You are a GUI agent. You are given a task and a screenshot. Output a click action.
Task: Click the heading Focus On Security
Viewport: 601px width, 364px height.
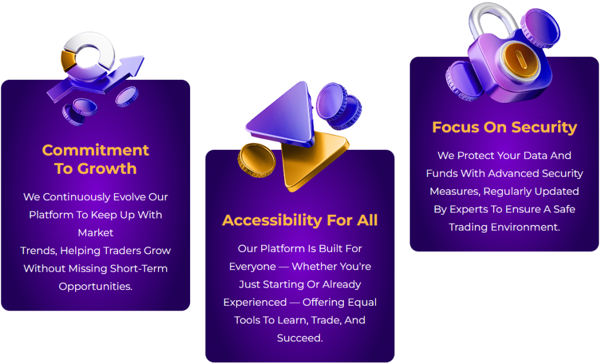tap(504, 127)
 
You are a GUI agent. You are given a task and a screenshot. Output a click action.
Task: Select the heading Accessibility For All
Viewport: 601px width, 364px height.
tap(300, 220)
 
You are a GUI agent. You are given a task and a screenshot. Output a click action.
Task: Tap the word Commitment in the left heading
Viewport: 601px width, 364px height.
tap(96, 150)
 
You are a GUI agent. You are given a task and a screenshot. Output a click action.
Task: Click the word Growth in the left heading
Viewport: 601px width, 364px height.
tap(107, 168)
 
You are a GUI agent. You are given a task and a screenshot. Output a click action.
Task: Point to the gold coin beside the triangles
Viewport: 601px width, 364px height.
tap(256, 160)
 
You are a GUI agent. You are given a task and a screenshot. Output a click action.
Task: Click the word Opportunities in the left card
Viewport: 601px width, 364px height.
tap(96, 287)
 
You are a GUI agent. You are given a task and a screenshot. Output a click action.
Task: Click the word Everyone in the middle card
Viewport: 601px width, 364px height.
tap(252, 267)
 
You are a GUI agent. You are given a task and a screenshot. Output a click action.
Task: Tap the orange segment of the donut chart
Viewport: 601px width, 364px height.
tap(68, 60)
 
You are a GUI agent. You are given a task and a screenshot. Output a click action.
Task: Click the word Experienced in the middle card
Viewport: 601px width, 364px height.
tap(255, 302)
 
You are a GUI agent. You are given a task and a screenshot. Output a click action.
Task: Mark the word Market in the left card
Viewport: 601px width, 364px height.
tap(96, 233)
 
